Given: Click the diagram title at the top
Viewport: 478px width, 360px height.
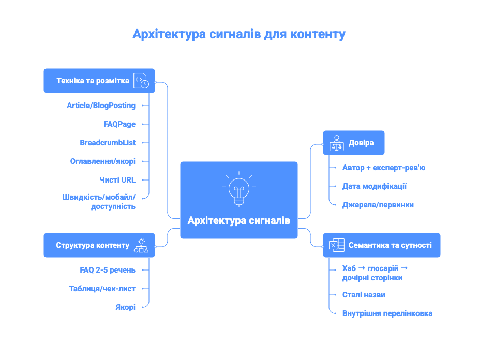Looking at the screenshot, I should [238, 35].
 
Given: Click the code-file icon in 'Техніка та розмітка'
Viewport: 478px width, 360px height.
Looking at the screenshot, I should [141, 81].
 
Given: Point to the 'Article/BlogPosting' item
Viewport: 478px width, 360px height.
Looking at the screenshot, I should [101, 106].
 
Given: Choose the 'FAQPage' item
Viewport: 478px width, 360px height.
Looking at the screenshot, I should [119, 124].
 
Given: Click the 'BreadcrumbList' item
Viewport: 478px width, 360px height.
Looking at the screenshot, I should [108, 143].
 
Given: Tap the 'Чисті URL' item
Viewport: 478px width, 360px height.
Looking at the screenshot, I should [117, 180].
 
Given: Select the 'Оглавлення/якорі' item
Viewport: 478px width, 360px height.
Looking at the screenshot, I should [103, 161].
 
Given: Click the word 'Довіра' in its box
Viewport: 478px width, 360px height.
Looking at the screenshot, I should [361, 143].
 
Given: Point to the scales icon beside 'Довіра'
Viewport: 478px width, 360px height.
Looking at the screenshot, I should [336, 143].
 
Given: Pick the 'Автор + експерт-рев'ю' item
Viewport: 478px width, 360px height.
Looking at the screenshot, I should [384, 168].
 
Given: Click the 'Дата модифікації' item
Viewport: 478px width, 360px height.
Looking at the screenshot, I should [375, 186].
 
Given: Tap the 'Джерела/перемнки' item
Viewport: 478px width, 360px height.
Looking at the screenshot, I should [378, 205].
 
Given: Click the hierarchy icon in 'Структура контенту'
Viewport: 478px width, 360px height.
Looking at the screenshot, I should [141, 245].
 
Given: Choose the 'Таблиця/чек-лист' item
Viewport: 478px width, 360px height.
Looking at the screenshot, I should [102, 289].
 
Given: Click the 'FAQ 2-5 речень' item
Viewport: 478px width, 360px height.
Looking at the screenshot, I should [104, 270].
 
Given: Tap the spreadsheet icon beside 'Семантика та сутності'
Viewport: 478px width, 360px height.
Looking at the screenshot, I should [336, 245].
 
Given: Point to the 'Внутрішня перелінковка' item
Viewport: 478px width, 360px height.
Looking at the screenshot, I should [387, 313].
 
